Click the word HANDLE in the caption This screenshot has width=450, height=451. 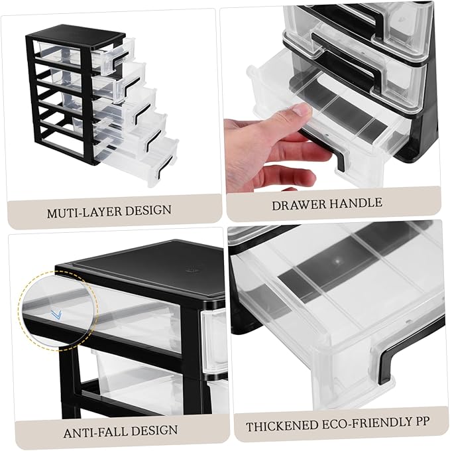pyautogui.click(x=358, y=204)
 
